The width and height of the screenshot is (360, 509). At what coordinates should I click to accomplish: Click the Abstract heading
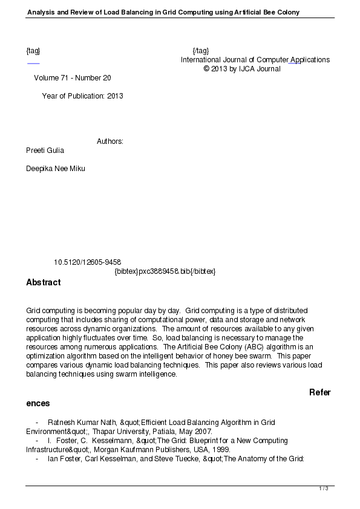(44, 282)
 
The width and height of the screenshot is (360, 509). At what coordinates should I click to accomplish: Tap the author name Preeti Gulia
(45, 151)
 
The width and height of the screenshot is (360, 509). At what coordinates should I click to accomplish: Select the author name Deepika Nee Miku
(56, 169)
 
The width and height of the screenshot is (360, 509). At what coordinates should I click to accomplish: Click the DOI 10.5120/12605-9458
(87, 262)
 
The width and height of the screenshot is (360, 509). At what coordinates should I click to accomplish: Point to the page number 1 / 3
(324, 488)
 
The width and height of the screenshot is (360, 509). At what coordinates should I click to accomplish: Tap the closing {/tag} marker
(200, 51)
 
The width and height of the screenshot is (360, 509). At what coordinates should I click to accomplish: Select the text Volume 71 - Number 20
(73, 78)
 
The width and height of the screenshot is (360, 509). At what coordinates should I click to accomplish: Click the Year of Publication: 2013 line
(82, 96)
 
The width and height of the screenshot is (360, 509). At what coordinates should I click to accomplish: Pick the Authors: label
(110, 141)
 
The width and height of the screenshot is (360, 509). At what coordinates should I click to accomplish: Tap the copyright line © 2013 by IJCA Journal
(242, 69)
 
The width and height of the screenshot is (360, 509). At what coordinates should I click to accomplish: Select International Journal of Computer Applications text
(255, 60)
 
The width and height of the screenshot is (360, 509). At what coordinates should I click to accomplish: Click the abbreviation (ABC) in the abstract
(234, 347)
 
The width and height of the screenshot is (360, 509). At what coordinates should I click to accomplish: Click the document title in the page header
(163, 12)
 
